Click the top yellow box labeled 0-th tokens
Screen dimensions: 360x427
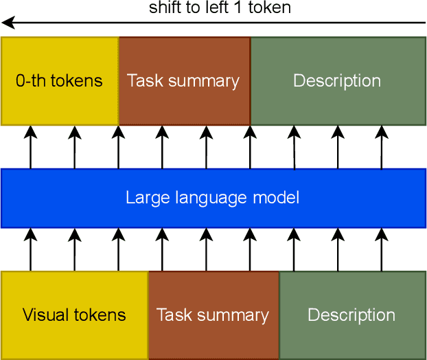point(60,81)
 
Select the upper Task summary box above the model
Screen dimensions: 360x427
point(184,81)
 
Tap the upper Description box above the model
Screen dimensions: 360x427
point(337,81)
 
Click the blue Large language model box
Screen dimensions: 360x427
point(213,199)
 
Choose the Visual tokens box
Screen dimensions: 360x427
point(74,315)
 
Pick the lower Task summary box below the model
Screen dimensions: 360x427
point(213,315)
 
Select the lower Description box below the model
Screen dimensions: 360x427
point(351,315)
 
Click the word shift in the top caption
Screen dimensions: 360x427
point(164,8)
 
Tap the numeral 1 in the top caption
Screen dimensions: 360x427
point(244,8)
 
